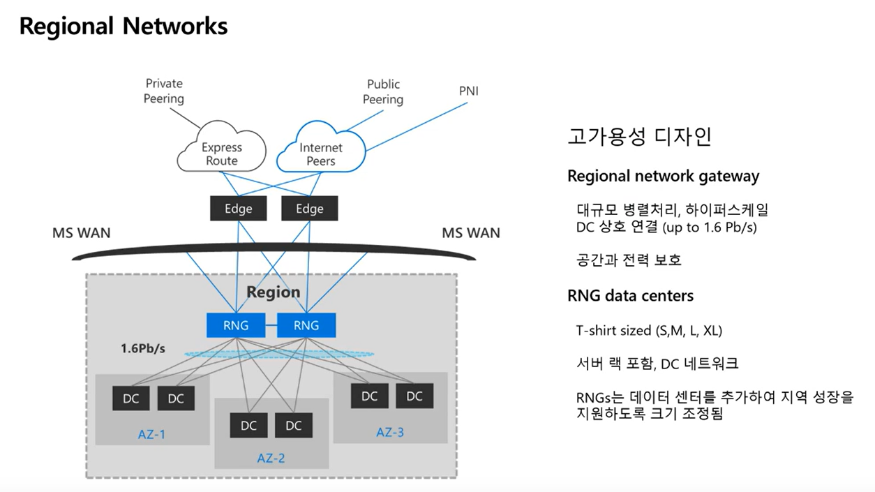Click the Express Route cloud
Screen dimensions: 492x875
(221, 152)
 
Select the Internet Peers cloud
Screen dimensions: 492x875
(321, 152)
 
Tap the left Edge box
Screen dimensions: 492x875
(238, 209)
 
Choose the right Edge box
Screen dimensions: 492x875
(309, 209)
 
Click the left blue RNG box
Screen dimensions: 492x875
(235, 325)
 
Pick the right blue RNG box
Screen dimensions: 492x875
(306, 325)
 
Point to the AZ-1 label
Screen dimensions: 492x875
(151, 435)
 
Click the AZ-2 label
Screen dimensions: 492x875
(271, 459)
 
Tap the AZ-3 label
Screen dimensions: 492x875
(390, 433)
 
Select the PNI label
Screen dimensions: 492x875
(469, 91)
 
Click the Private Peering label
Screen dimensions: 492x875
(164, 91)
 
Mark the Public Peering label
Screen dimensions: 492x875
(383, 92)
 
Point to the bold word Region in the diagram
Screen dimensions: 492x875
(273, 292)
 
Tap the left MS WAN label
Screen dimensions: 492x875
(81, 232)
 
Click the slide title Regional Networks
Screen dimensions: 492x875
(124, 26)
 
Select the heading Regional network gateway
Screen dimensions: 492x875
(663, 176)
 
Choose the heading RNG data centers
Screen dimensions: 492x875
(630, 296)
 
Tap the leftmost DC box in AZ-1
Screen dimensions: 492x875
(130, 398)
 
